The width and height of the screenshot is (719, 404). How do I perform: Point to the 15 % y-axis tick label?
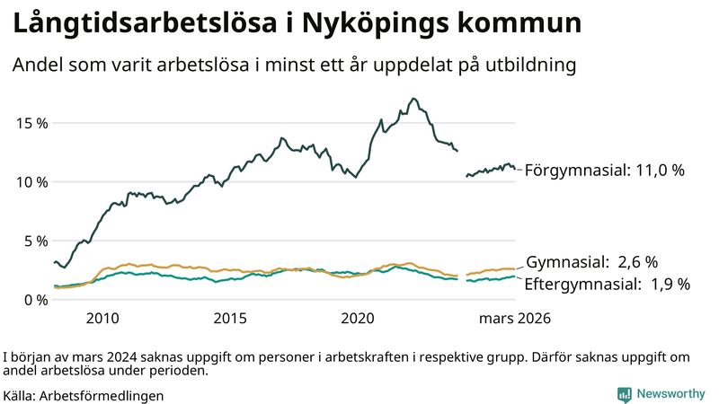32,123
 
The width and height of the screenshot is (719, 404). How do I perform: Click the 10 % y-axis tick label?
32,182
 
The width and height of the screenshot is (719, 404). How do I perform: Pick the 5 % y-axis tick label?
37,241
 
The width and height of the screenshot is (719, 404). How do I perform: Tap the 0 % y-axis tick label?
37,300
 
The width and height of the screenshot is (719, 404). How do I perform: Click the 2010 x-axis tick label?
102,319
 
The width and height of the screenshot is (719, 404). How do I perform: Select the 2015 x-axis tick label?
230,319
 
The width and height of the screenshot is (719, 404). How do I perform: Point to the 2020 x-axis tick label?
358,319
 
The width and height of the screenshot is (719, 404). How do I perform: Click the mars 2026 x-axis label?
515,319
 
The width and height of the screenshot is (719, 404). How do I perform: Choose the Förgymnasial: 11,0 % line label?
605,170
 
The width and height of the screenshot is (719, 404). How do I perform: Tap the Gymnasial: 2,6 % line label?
591,262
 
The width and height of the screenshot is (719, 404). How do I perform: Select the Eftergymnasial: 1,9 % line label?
607,285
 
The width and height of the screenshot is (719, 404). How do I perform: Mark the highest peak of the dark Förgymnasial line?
413,99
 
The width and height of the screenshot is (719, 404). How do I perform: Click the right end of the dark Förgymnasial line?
514,168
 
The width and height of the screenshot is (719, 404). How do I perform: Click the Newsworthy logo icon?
624,394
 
